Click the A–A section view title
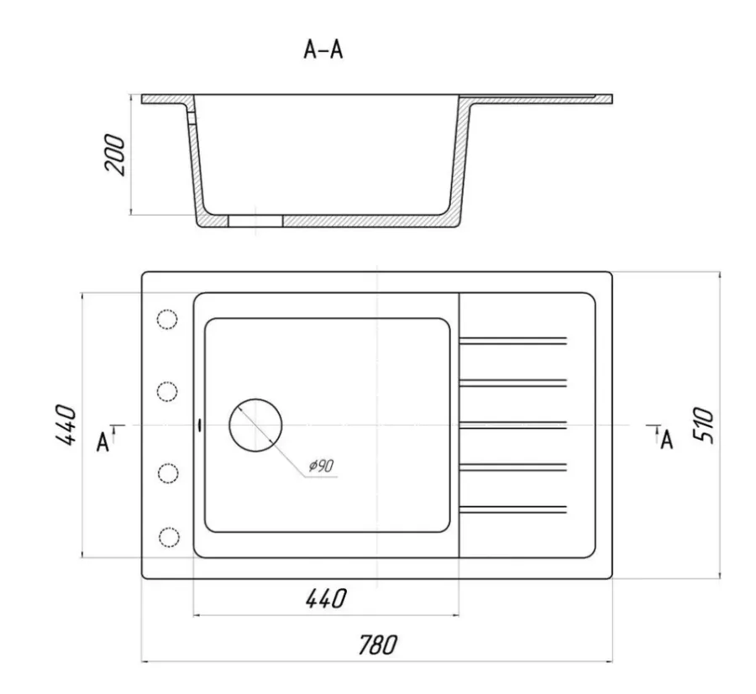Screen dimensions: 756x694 coord(323,50)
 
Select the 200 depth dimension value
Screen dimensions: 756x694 coord(115,154)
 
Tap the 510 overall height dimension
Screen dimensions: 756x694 coord(703,425)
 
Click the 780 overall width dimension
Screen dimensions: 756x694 coord(378,645)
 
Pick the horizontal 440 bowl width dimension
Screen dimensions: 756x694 coord(326,598)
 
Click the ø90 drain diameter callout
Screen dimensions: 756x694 coord(322,466)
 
